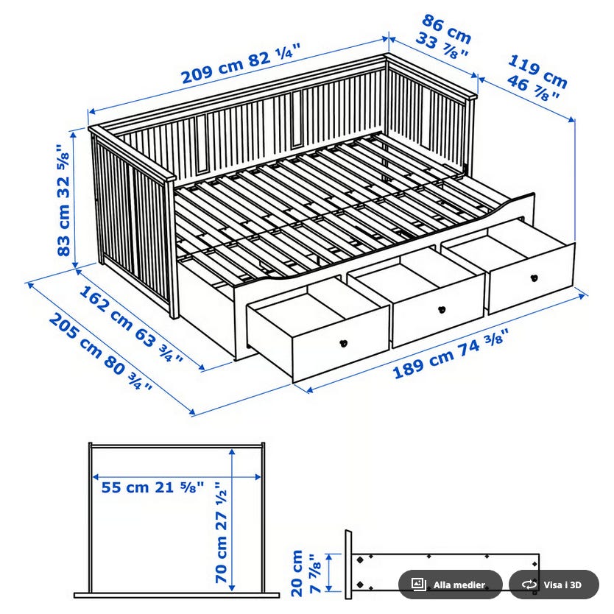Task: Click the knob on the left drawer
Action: point(343,342)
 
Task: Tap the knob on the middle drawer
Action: point(442,309)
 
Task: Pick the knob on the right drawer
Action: point(534,278)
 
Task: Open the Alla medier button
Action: point(451,585)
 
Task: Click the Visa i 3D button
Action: point(554,585)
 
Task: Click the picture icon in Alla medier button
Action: point(419,585)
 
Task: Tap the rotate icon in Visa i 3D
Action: point(529,585)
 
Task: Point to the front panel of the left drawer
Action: point(341,345)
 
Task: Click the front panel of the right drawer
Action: point(532,278)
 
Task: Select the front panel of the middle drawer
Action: point(439,312)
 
